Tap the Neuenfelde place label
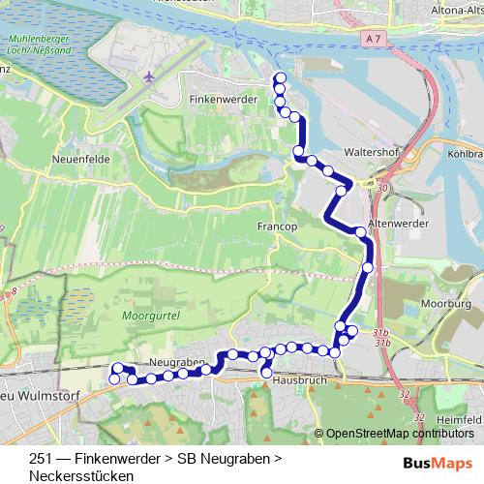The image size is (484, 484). (x=79, y=159)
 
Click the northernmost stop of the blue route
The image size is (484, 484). (x=281, y=78)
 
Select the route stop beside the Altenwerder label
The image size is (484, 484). (x=361, y=231)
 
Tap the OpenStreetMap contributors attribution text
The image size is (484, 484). (x=399, y=433)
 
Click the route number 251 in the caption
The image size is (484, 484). (x=41, y=458)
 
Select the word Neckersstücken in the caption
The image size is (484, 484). (x=80, y=475)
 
